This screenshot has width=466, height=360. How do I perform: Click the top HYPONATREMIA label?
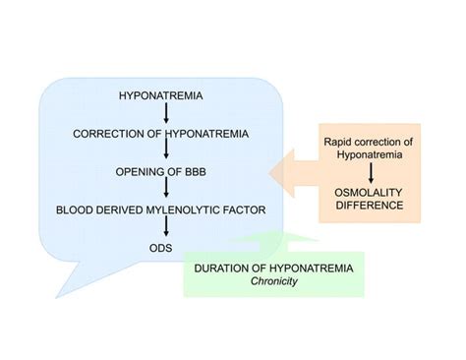click(x=159, y=96)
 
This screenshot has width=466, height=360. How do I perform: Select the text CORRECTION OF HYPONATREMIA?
click(x=159, y=133)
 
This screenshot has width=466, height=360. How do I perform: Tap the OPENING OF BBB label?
click(x=159, y=170)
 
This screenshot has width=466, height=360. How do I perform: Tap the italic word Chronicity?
click(x=274, y=280)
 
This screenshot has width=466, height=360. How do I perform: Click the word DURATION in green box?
click(x=225, y=268)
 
